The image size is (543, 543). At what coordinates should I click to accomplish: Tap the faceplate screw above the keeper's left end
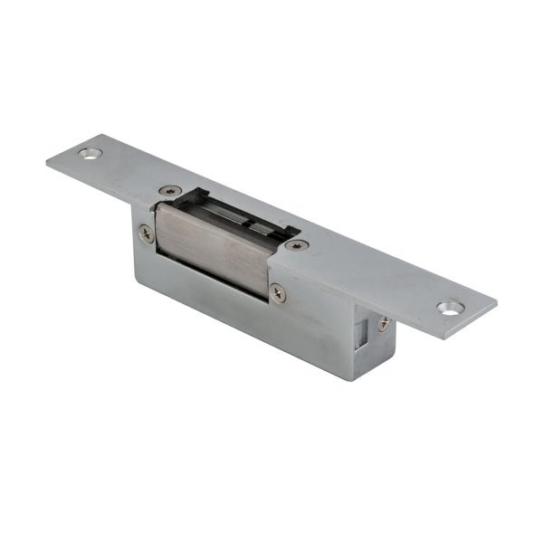coord(170,191)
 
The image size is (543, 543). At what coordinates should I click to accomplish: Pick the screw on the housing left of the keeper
coord(146,232)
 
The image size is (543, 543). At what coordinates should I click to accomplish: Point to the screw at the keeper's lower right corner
coord(277,291)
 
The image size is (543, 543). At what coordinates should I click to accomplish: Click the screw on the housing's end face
coord(384,322)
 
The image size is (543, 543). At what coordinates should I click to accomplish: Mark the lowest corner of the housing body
coord(353,378)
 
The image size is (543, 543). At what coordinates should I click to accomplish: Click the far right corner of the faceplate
coord(496,306)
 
